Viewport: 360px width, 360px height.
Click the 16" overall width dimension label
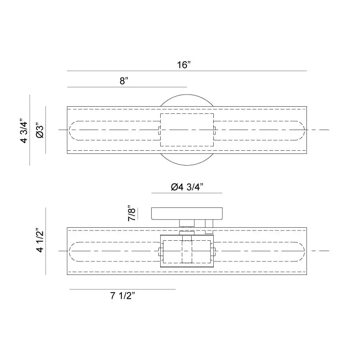click(x=184, y=64)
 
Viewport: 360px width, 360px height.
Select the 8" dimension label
click(x=124, y=81)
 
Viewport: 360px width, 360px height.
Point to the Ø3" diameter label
click(x=40, y=130)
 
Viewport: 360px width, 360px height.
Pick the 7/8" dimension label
click(x=131, y=213)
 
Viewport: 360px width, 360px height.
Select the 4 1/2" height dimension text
click(x=40, y=241)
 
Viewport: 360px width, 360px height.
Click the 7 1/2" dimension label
click(x=122, y=296)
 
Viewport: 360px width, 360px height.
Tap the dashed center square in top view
click(x=187, y=130)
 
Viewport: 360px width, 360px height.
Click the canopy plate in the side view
click(x=187, y=213)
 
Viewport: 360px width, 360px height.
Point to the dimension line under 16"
click(x=187, y=71)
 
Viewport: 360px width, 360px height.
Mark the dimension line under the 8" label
click(x=126, y=87)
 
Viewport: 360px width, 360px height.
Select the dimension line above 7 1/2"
click(x=122, y=289)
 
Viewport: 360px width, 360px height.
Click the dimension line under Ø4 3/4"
click(x=187, y=193)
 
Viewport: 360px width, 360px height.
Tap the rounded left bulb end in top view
click(x=74, y=130)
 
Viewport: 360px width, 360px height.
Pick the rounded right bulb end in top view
click(x=300, y=130)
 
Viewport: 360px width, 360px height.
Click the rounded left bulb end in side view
click(x=74, y=250)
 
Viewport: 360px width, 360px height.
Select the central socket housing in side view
click(x=187, y=251)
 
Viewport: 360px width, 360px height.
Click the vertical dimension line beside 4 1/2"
click(x=46, y=241)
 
